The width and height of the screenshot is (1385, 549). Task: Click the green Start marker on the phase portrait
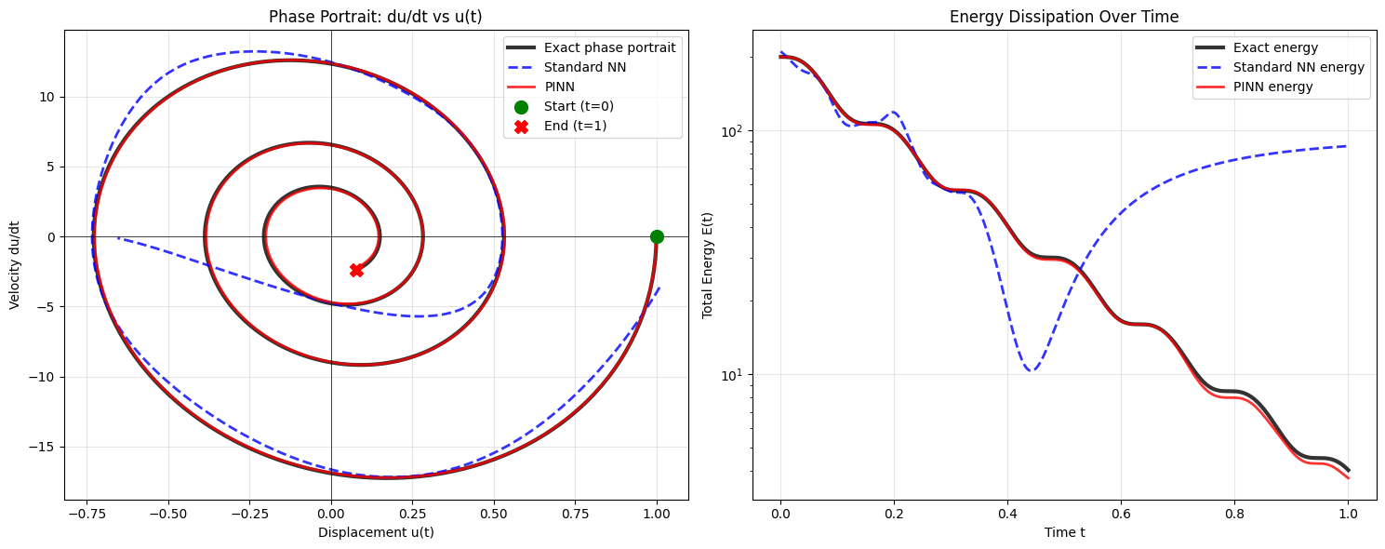[657, 236]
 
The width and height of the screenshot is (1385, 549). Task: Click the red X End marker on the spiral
[356, 270]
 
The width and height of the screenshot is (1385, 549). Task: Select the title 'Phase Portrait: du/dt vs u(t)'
[376, 17]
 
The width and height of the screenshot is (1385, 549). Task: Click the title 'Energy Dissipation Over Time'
[1064, 17]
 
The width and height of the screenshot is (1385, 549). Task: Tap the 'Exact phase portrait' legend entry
[609, 47]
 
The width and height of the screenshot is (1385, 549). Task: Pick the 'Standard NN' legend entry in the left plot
[578, 67]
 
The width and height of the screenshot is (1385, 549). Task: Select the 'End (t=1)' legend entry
[575, 126]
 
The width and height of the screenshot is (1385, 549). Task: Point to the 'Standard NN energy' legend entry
[1298, 67]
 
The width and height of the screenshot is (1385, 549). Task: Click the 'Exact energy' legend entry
[1275, 47]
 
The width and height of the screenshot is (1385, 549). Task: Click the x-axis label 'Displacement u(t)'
[376, 532]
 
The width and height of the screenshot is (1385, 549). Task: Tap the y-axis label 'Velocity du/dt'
[16, 264]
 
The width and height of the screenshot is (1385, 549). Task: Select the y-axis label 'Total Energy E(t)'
[708, 264]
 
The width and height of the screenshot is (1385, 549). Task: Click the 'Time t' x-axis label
[1064, 532]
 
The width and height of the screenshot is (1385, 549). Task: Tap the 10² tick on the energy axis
[731, 130]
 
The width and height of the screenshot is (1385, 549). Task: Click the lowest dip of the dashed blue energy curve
[1031, 370]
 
